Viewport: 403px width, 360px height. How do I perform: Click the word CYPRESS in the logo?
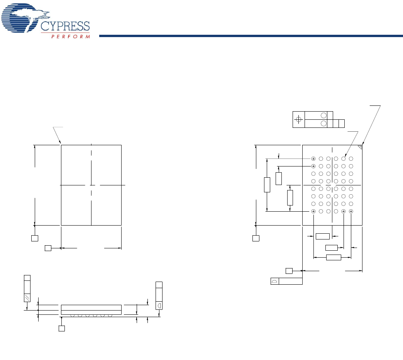tap(65, 26)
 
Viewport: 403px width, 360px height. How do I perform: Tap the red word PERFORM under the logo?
tap(71, 37)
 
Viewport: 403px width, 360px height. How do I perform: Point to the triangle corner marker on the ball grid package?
tap(360, 147)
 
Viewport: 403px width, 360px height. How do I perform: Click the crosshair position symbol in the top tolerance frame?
tap(299, 120)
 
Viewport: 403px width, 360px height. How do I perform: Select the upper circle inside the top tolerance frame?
tap(323, 115)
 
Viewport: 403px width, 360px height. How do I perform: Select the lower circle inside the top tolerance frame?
tap(323, 124)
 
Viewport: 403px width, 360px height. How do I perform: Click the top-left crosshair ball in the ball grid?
tap(313, 159)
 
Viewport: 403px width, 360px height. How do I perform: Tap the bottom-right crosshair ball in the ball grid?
tap(351, 211)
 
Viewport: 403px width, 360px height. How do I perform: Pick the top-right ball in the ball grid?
tap(351, 159)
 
